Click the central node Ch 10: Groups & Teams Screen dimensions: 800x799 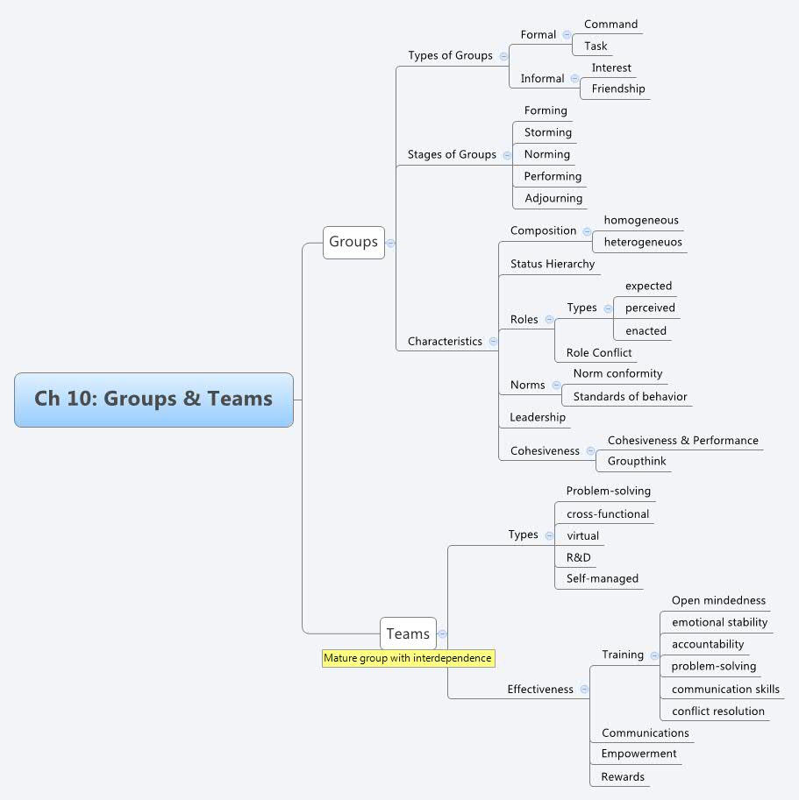pyautogui.click(x=153, y=400)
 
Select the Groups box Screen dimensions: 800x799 pyautogui.click(x=353, y=242)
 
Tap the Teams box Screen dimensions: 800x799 pyautogui.click(x=408, y=634)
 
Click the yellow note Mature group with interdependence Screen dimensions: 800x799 pyautogui.click(x=408, y=658)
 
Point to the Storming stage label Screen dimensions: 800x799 pyautogui.click(x=547, y=132)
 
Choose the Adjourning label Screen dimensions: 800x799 pyautogui.click(x=553, y=198)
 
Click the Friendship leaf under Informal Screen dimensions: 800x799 pyautogui.click(x=617, y=88)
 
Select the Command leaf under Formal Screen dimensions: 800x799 pyautogui.click(x=610, y=24)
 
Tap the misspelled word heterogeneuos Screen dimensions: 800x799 pyautogui.click(x=642, y=242)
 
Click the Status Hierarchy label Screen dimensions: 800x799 pyautogui.click(x=552, y=264)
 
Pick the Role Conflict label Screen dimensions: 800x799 pyautogui.click(x=598, y=352)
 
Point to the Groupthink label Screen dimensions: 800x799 pyautogui.click(x=636, y=461)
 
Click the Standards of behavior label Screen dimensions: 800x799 pyautogui.click(x=630, y=396)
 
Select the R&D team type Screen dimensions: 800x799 pyautogui.click(x=578, y=557)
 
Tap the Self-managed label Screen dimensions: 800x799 pyautogui.click(x=602, y=578)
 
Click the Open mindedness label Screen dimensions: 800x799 pyautogui.click(x=718, y=600)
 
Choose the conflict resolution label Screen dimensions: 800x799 pyautogui.click(x=717, y=711)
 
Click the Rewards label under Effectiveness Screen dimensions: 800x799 pyautogui.click(x=622, y=776)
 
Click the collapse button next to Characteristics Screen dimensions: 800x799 pyautogui.click(x=493, y=341)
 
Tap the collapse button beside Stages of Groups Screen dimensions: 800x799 pyautogui.click(x=507, y=154)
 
